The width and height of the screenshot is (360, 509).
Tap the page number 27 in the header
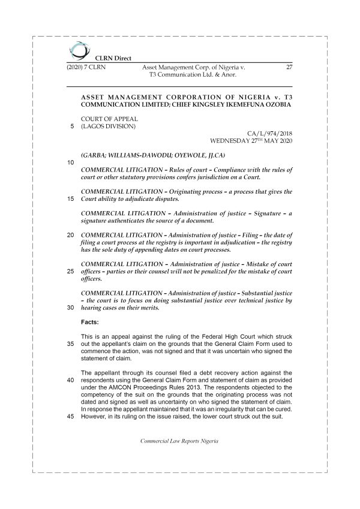(289, 67)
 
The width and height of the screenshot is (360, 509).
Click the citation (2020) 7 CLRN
(86, 67)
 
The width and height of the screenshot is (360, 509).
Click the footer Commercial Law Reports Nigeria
(179, 441)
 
